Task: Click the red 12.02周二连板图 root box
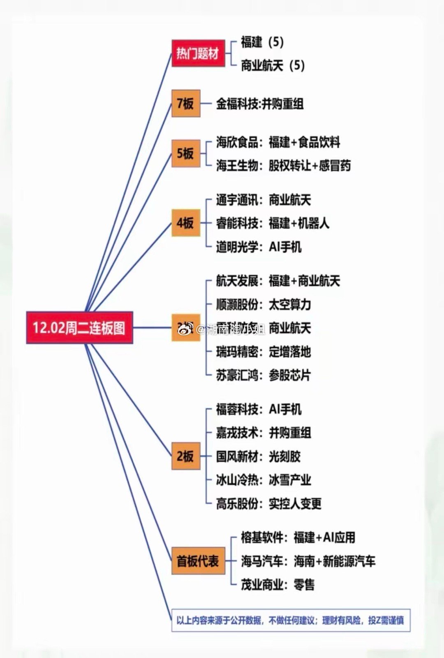point(79,328)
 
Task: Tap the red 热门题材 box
point(198,53)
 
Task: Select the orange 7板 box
point(185,103)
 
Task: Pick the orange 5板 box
point(185,153)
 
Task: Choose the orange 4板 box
point(185,223)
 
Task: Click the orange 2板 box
point(185,456)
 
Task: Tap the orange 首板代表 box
point(198,561)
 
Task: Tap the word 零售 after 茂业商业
point(304,584)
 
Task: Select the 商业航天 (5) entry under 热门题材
point(273,65)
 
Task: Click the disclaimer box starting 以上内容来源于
point(291,620)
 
